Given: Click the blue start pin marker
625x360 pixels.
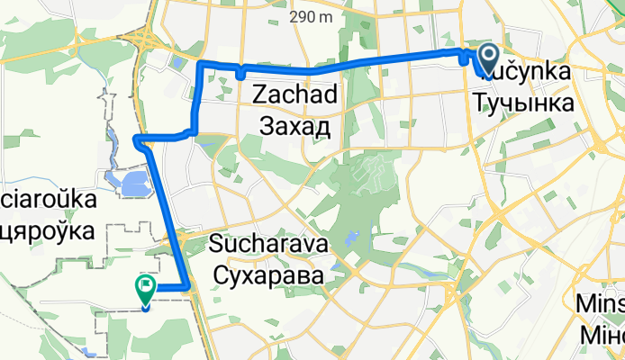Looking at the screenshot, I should click(487, 58).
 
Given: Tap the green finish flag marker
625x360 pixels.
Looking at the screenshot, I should click(145, 287).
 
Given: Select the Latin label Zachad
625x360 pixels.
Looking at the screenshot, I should click(295, 94).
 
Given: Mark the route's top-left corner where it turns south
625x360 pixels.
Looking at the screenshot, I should click(200, 63).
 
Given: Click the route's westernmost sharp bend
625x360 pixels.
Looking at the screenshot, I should click(135, 139).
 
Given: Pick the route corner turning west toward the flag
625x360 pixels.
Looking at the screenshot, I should click(186, 287).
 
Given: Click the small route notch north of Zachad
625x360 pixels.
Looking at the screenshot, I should click(241, 74).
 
